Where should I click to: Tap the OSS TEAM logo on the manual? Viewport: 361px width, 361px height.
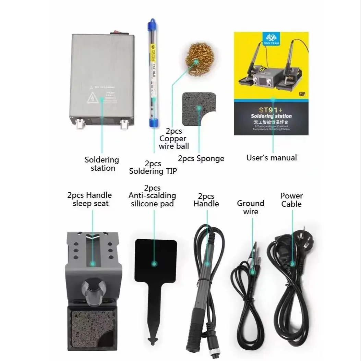[271, 38]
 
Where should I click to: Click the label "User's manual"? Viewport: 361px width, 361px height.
[272, 158]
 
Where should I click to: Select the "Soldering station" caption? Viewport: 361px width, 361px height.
[102, 164]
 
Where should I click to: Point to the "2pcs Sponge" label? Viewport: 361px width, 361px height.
[201, 158]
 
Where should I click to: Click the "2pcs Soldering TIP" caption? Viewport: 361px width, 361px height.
[153, 167]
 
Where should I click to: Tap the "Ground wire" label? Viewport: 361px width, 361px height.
[251, 207]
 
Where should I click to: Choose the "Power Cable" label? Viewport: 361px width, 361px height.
[291, 200]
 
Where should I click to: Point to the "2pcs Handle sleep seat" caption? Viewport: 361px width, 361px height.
[89, 199]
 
